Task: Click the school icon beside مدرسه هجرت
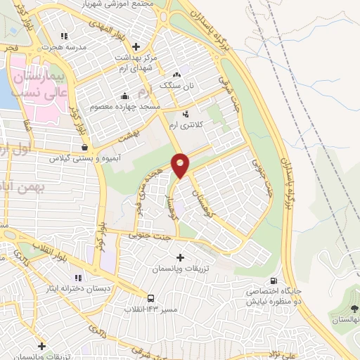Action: click(65, 35)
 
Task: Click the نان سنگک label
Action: click(176, 84)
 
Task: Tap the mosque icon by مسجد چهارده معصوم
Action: click(125, 96)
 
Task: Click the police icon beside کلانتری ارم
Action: click(186, 114)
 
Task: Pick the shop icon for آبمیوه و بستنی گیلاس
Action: click(85, 148)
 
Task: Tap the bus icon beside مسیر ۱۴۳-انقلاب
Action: click(150, 297)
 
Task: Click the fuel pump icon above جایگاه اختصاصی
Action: click(283, 280)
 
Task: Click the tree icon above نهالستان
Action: click(353, 308)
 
